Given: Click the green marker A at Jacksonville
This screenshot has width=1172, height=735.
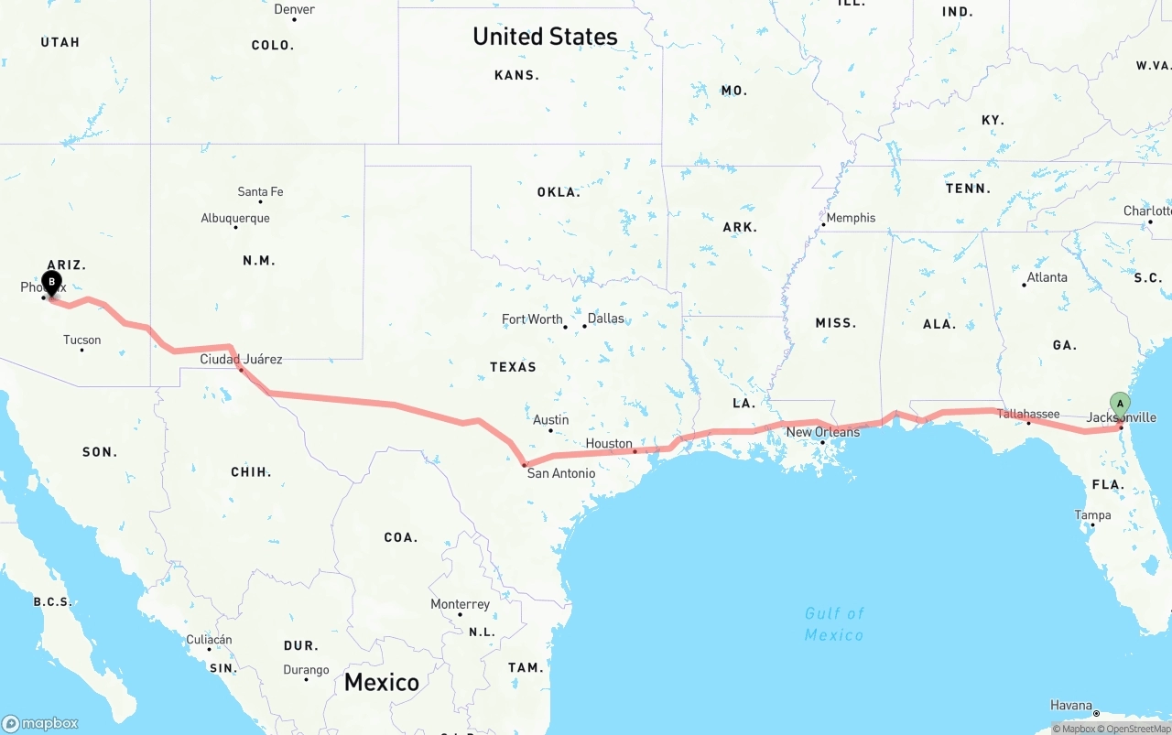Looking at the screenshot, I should coord(1120,405).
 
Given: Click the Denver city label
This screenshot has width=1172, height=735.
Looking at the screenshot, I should coord(294,9).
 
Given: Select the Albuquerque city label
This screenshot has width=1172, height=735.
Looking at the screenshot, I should coord(235,218).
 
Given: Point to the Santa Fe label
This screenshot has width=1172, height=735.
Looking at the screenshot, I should coord(260,191).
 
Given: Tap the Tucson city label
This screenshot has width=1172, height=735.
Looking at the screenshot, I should coord(81,340).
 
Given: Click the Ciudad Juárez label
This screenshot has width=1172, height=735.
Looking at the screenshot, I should coord(241,359).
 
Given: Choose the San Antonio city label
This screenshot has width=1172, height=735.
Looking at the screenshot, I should coord(560,473).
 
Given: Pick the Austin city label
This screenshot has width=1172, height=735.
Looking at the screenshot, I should coord(550,420).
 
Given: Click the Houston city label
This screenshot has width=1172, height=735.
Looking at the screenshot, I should coord(609,444).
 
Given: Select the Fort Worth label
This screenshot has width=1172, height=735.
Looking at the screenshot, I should coord(532,319).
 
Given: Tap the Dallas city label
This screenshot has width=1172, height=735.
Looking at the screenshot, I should coord(605,319).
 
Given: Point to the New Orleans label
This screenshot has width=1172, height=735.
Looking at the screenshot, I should coord(822,432).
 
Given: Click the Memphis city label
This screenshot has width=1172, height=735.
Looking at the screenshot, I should coord(851,218).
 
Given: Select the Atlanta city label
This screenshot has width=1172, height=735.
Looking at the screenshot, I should coord(1047,277).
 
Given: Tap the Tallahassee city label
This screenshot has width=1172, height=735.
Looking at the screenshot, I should coord(1028,414).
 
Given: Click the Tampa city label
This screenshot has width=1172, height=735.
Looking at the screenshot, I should coord(1092,515).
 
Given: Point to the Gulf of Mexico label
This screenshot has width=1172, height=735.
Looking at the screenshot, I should coord(834,623).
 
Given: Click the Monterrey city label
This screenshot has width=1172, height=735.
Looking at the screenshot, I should coord(460,604).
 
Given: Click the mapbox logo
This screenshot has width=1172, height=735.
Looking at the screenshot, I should coord(40,723).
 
